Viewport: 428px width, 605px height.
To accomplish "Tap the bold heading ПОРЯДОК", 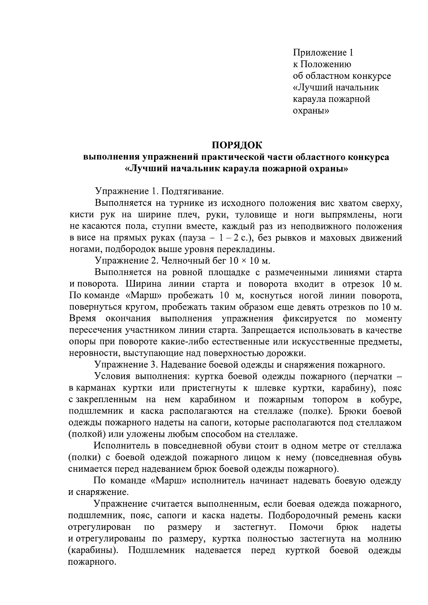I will click(237, 145).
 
